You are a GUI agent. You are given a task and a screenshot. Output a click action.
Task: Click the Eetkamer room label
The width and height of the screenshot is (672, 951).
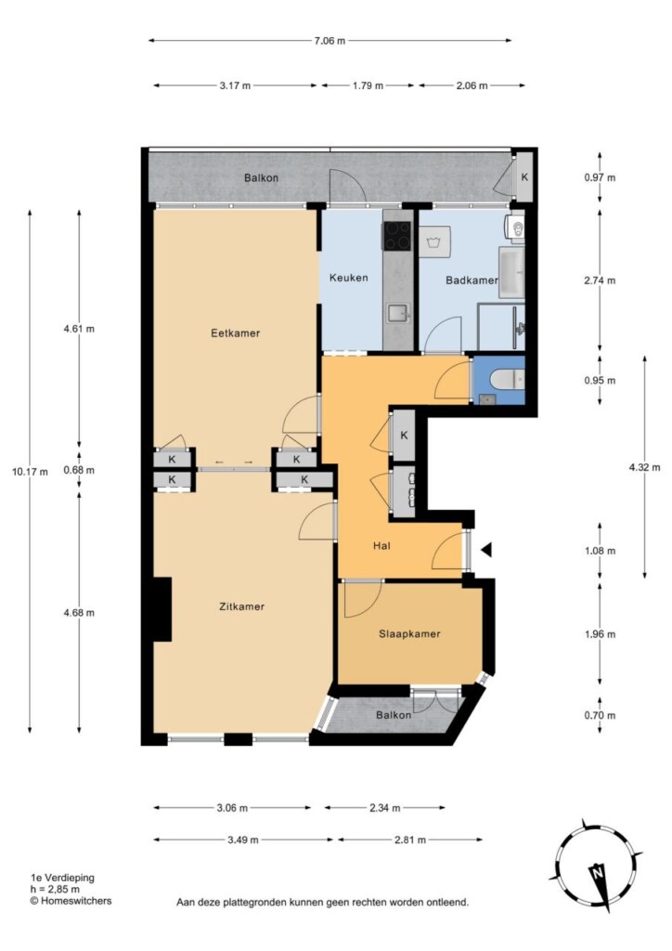[x=235, y=333]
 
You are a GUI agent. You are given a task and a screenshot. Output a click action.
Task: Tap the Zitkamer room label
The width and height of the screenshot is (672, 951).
[x=241, y=606]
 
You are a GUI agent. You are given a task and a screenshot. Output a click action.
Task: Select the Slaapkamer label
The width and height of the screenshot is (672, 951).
[x=409, y=633]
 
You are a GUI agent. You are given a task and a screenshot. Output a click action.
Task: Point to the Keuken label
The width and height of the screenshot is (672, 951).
[x=348, y=278]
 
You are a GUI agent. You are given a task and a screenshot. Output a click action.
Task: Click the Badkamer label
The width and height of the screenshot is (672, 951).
[x=472, y=280]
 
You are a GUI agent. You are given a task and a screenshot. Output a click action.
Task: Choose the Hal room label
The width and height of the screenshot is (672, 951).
[x=381, y=546]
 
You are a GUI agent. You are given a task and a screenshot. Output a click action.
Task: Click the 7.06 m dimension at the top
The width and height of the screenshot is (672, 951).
[x=330, y=41]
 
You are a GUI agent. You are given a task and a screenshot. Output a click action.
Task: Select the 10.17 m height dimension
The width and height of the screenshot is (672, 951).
[x=30, y=471]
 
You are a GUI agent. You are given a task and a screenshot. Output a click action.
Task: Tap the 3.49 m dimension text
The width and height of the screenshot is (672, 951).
[x=243, y=840]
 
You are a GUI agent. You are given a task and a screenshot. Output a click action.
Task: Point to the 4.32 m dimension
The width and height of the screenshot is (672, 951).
[x=644, y=468]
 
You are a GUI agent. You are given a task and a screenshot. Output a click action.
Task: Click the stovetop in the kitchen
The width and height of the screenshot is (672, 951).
[x=396, y=235]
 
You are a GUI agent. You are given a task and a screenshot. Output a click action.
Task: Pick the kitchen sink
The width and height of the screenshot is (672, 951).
[x=398, y=314]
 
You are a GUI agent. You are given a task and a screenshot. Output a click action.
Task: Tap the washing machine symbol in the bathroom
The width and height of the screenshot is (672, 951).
[x=435, y=242]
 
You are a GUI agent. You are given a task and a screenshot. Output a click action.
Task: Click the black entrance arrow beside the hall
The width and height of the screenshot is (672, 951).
[x=486, y=550]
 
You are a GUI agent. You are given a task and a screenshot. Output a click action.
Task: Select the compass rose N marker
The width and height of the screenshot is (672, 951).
[x=598, y=874]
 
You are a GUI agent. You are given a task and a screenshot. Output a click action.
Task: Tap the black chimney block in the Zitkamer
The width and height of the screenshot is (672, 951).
[x=162, y=609]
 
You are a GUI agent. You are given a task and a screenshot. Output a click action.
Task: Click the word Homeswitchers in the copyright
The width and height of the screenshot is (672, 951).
[x=76, y=901]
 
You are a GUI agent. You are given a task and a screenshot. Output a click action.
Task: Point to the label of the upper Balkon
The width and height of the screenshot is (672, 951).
[x=261, y=177]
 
